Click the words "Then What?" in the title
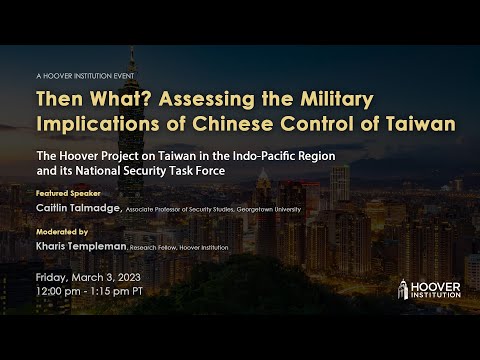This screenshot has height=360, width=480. [80, 100]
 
